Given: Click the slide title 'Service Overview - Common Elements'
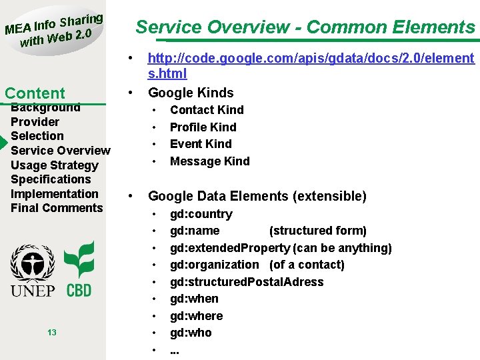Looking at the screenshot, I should [305, 27].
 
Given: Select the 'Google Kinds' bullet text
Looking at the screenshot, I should [191, 92].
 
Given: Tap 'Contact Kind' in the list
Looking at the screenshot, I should [207, 110].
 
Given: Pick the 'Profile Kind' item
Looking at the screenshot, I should [203, 127].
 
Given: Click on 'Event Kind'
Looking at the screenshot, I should [201, 144].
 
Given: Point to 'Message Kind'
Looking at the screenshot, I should [209, 161].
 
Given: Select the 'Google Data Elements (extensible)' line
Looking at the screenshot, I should [257, 196].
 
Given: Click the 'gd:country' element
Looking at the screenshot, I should [201, 214].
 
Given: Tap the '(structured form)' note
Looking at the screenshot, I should [317, 231].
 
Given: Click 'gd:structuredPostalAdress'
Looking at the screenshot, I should [246, 282].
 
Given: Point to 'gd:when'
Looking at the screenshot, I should [194, 299].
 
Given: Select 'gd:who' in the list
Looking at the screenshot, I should [191, 333].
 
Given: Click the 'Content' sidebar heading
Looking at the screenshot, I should [35, 93].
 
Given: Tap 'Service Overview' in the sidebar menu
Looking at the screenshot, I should [60, 151].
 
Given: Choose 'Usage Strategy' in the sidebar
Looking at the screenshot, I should [54, 165].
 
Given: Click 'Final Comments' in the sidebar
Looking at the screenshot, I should [57, 208].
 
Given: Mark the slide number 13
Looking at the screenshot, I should [52, 333].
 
